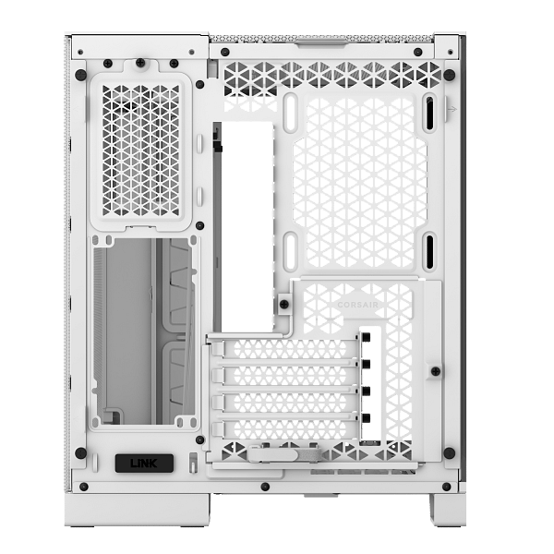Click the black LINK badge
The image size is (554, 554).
[144, 464]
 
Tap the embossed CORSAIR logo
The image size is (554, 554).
[357, 305]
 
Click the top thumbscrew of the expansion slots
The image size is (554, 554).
[366, 337]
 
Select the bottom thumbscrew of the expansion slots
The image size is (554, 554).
[366, 418]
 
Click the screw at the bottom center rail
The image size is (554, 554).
[265, 487]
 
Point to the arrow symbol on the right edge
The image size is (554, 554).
[452, 109]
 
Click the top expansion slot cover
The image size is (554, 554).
[285, 349]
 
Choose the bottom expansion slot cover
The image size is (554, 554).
[285, 429]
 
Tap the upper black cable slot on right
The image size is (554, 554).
[429, 114]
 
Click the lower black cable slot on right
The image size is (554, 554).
[429, 251]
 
